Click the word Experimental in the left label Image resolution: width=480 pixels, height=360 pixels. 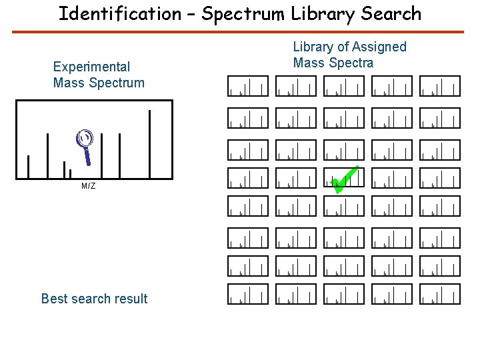point(91,67)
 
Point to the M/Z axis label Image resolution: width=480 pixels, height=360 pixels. point(88,186)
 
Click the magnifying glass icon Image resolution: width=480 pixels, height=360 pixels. point(85,144)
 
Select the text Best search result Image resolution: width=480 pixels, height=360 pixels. point(94,299)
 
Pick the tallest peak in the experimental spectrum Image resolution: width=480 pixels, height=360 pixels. point(150,143)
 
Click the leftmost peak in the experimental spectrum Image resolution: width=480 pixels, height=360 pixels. point(28,167)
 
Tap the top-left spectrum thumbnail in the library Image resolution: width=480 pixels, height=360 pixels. point(248,86)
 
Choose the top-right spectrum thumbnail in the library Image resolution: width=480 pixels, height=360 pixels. point(440,86)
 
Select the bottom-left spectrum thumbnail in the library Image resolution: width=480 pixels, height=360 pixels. point(248,294)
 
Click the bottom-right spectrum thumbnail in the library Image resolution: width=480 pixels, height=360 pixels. point(440,294)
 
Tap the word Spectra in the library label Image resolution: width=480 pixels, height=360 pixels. point(351,63)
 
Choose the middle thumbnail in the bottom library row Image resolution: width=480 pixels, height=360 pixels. point(344,294)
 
